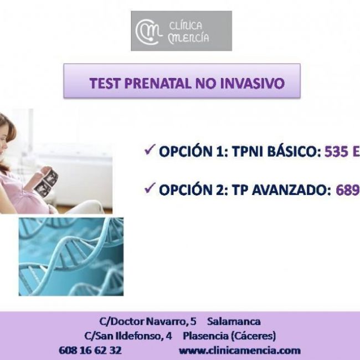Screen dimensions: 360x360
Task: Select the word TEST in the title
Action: pyautogui.click(x=105, y=84)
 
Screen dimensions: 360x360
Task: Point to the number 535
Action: pyautogui.click(x=336, y=152)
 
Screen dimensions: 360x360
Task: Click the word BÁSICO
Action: pyautogui.click(x=293, y=152)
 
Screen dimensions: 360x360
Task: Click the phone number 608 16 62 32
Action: pyautogui.click(x=90, y=350)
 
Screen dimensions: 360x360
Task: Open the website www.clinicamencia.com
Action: pyautogui.click(x=239, y=350)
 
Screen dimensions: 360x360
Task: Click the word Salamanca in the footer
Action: pyautogui.click(x=234, y=321)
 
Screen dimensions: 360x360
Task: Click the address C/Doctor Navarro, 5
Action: pyautogui.click(x=147, y=321)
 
